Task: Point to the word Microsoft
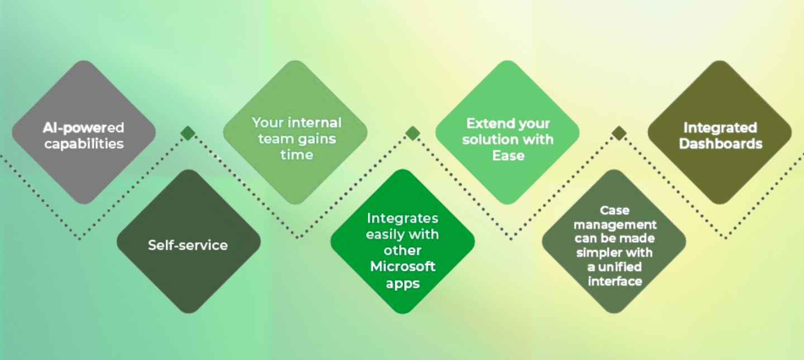pos(403,266)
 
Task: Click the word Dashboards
pos(720,143)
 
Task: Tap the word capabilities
pos(84,143)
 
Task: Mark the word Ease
pos(508,155)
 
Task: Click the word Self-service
pos(188,245)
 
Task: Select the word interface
pos(615,281)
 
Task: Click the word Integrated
pos(720,128)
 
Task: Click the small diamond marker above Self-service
pos(188,133)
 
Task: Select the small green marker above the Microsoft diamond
pos(412,133)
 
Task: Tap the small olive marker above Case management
pos(619,133)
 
